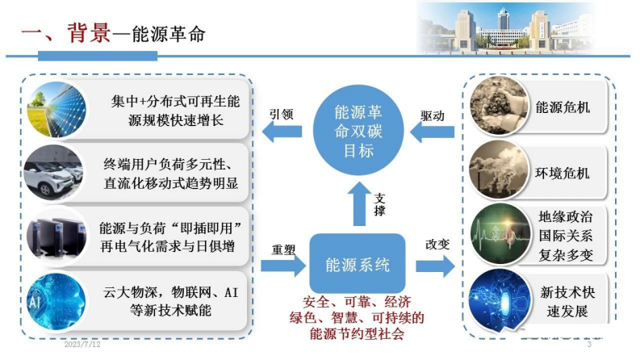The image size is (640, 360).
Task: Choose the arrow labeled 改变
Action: click(432, 264)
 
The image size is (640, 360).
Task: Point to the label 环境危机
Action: click(563, 173)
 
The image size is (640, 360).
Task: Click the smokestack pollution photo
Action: click(499, 171)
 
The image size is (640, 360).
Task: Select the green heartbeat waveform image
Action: click(499, 234)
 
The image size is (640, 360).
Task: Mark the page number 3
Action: click(588, 346)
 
